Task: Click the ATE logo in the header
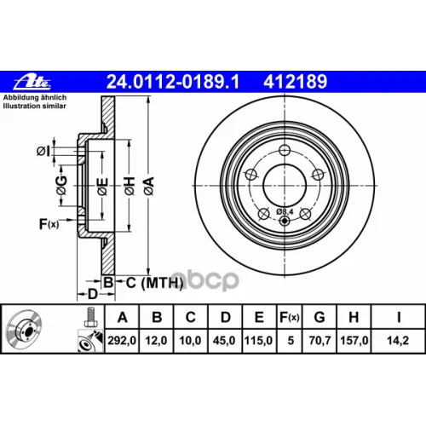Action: [29, 82]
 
